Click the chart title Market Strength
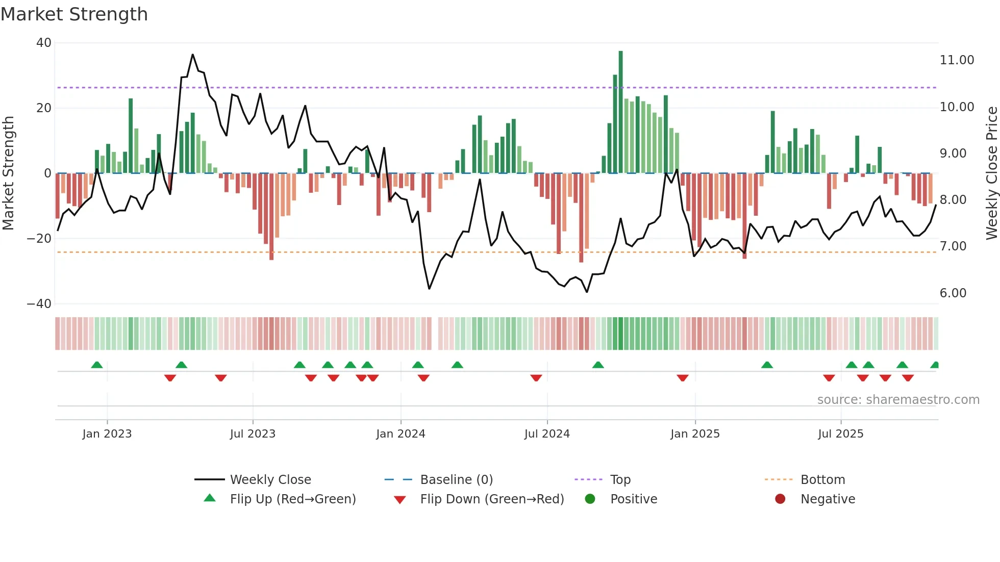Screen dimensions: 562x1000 [74, 14]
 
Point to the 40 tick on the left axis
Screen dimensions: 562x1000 [44, 43]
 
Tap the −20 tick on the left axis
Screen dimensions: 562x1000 [39, 239]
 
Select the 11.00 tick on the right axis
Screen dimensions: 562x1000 [957, 60]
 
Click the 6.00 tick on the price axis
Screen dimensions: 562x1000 [953, 293]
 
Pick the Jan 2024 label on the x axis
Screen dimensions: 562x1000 [401, 434]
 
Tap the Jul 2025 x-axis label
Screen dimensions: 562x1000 [840, 434]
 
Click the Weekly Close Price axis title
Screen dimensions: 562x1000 [991, 173]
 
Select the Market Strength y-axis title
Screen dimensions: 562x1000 [8, 173]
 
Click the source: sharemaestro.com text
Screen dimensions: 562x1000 [898, 400]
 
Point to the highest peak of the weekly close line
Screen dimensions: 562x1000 [192, 55]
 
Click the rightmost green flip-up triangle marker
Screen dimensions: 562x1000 [935, 365]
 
